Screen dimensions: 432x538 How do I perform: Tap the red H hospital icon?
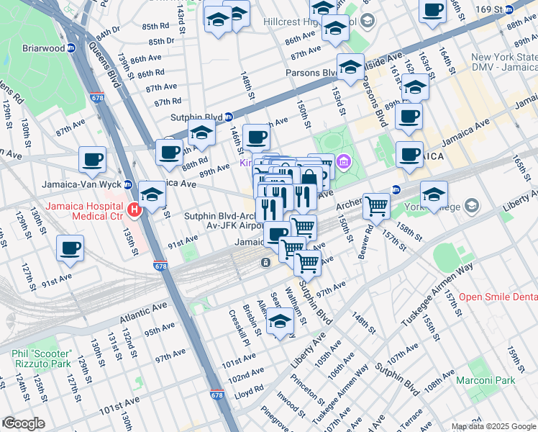(133, 210)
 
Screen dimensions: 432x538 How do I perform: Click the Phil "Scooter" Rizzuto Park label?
(42, 359)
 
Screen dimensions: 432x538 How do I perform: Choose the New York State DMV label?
(503, 62)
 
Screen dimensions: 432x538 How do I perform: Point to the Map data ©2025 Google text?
(493, 426)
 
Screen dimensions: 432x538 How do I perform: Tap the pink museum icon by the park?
(343, 162)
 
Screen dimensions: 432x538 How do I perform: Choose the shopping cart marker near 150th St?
(375, 206)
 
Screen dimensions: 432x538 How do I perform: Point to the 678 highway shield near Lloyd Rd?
(217, 395)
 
